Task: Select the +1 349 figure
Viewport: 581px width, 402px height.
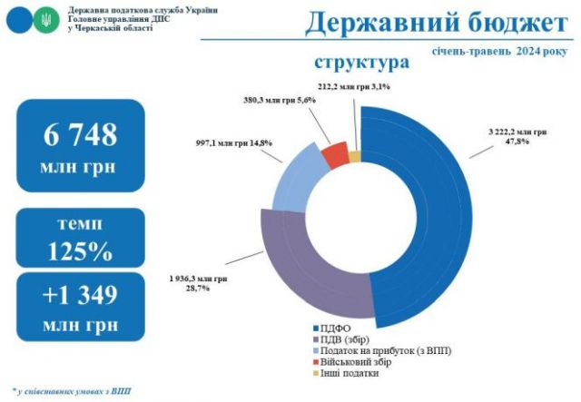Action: pos(81,294)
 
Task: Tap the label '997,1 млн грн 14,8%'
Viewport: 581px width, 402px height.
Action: pos(233,142)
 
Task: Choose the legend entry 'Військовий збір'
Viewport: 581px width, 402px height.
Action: pos(355,362)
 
